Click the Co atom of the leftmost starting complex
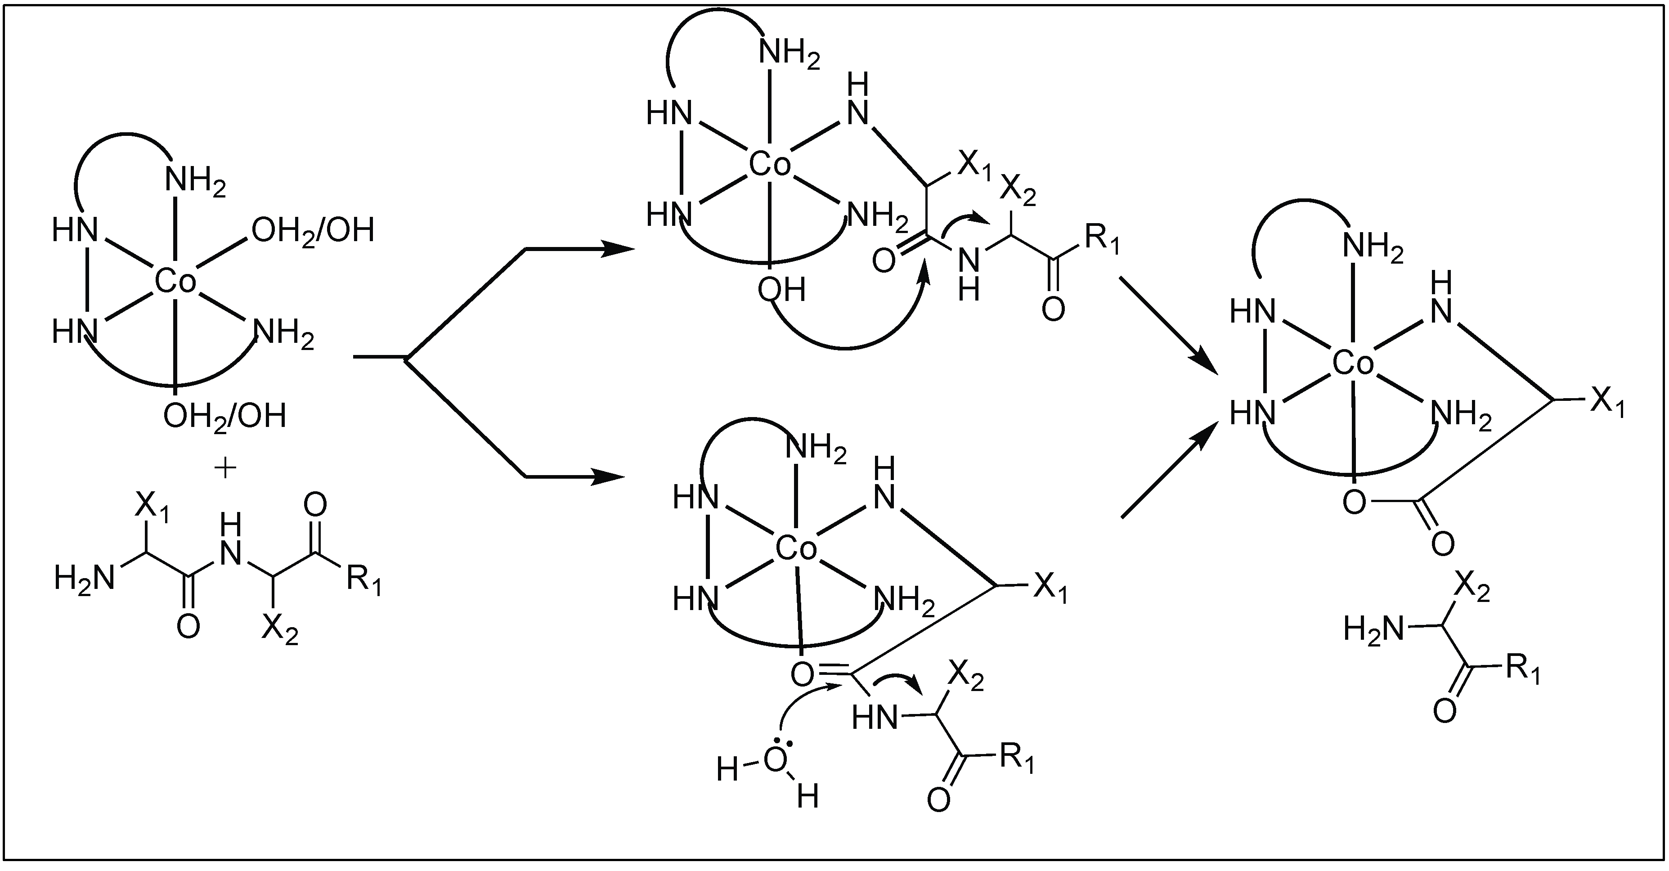[x=175, y=283]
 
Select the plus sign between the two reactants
[x=225, y=468]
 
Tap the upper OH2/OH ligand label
[x=313, y=231]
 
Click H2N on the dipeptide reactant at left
[x=84, y=577]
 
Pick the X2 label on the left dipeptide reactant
[x=280, y=629]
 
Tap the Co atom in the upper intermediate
[x=770, y=165]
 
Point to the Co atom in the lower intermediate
[x=796, y=550]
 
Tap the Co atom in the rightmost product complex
[x=1353, y=365]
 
